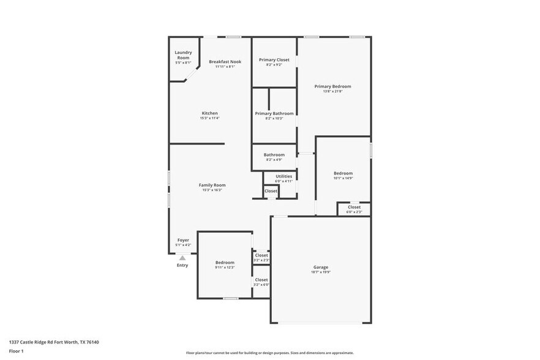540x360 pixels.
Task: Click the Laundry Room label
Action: pos(183,55)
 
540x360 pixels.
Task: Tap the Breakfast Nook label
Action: pos(225,62)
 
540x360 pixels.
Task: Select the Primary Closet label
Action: pos(274,60)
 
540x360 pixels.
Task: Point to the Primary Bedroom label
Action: pos(332,87)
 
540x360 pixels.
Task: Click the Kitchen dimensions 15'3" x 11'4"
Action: pos(209,118)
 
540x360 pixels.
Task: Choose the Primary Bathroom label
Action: pos(274,113)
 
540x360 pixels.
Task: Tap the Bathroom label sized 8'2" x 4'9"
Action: pos(274,155)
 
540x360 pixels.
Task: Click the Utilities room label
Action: pos(283,176)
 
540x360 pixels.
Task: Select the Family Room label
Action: pos(212,185)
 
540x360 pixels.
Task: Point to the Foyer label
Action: pos(183,240)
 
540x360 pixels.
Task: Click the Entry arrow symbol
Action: pos(182,258)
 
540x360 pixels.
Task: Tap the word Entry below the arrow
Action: pos(182,265)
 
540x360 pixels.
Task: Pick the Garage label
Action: pos(321,267)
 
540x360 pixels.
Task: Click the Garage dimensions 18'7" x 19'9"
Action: pos(321,272)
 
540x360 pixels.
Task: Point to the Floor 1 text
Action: pos(16,351)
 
